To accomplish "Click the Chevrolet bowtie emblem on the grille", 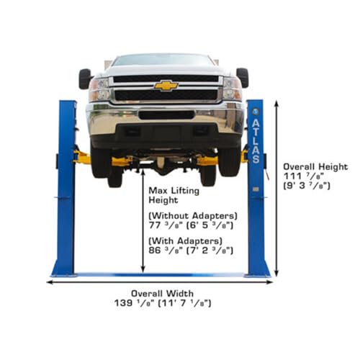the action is (x=166, y=86).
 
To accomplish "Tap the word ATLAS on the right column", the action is (x=256, y=141).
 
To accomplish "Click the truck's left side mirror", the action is (x=85, y=78).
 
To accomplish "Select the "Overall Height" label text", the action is (x=315, y=167).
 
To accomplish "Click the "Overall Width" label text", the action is (x=162, y=293).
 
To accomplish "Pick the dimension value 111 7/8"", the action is (x=304, y=176).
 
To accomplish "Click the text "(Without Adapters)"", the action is (x=193, y=216).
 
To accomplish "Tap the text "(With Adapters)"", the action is (x=185, y=240).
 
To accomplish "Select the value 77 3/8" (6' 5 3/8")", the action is (x=191, y=225).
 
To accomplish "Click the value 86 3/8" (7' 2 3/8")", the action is (x=191, y=251).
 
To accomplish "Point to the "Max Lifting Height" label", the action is (x=174, y=195).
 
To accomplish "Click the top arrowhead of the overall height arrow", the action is (x=276, y=104).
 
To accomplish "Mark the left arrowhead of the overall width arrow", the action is (x=49, y=282).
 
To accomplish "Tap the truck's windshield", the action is (x=163, y=60).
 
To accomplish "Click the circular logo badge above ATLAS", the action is (x=256, y=112).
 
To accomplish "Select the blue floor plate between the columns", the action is (x=161, y=275).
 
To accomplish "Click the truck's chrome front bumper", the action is (x=166, y=117).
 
